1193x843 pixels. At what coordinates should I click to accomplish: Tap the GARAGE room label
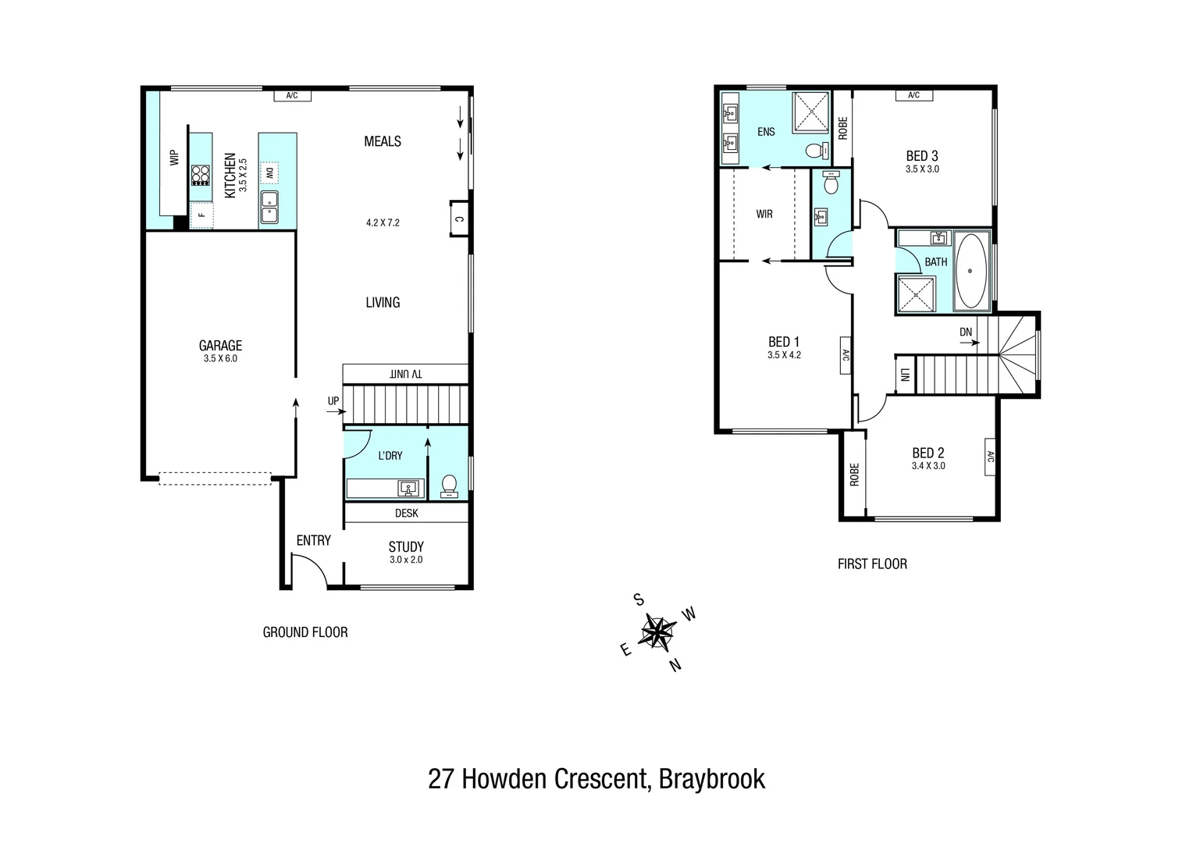click(220, 346)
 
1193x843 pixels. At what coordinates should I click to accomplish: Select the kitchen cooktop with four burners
click(201, 174)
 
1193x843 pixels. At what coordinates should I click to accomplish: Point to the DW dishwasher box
click(269, 172)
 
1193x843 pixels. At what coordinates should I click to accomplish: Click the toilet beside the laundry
click(449, 486)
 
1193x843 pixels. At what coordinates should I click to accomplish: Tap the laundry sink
click(408, 489)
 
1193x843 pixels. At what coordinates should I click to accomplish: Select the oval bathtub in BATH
click(970, 271)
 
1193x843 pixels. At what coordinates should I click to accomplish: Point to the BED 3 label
click(922, 156)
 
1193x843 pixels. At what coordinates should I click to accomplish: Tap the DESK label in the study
click(406, 513)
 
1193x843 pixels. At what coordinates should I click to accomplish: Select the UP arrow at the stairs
click(333, 401)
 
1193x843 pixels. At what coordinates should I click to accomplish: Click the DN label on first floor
click(966, 332)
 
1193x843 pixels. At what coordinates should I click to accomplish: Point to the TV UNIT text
click(406, 374)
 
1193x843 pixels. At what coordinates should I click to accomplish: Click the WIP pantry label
click(174, 158)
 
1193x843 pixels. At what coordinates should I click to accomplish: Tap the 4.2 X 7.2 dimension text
click(383, 222)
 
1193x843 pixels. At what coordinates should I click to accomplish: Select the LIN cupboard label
click(904, 375)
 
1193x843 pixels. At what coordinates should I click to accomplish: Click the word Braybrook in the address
click(711, 779)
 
